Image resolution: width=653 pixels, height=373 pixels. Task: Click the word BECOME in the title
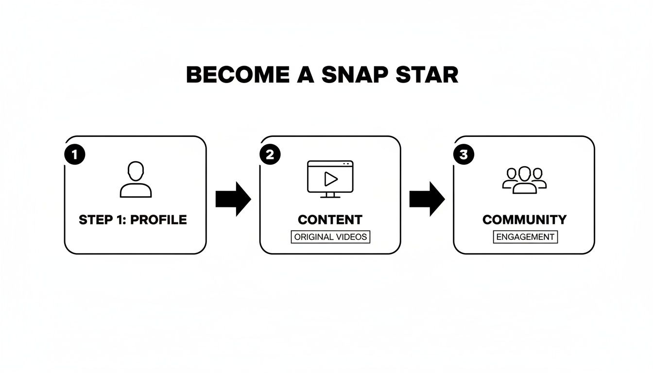click(x=238, y=75)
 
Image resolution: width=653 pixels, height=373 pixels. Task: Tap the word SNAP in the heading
click(x=355, y=75)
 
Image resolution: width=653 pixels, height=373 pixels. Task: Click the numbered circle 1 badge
click(x=75, y=154)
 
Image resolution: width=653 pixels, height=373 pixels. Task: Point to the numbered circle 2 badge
click(x=270, y=154)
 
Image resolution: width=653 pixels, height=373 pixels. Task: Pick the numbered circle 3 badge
click(x=464, y=154)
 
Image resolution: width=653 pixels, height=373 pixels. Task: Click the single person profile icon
click(x=136, y=180)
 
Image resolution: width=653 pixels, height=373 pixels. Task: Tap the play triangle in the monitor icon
click(x=331, y=179)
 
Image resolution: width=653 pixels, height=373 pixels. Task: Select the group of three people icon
click(x=524, y=180)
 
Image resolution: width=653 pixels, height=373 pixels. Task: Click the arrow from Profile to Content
click(x=233, y=199)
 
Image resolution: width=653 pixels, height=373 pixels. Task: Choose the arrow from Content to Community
click(x=427, y=199)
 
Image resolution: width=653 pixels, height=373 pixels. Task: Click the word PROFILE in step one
click(x=158, y=220)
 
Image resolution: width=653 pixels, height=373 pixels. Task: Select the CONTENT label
click(x=330, y=220)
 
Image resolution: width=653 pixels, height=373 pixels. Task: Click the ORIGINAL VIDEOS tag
click(x=330, y=237)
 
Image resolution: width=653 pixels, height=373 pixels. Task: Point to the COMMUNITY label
click(x=524, y=220)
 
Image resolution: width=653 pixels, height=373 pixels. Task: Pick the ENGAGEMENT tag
click(x=525, y=237)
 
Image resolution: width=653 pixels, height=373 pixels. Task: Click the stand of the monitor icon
click(x=330, y=195)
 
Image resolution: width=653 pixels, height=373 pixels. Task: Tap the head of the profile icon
click(x=136, y=171)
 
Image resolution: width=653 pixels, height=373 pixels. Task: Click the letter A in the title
click(x=306, y=75)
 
